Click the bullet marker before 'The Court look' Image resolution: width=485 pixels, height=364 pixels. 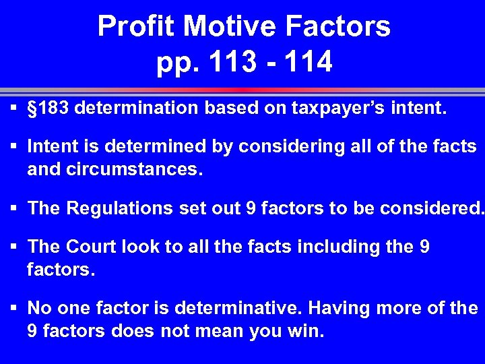click(x=13, y=247)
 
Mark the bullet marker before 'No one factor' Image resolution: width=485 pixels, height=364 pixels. click(x=13, y=308)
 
